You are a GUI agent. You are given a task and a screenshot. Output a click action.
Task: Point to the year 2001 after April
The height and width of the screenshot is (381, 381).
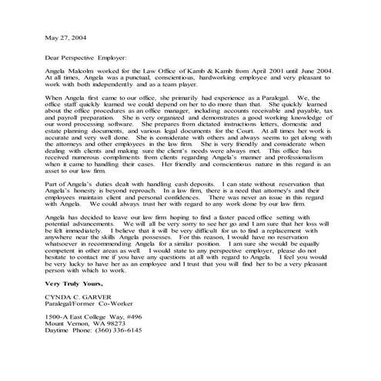coord(260,69)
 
